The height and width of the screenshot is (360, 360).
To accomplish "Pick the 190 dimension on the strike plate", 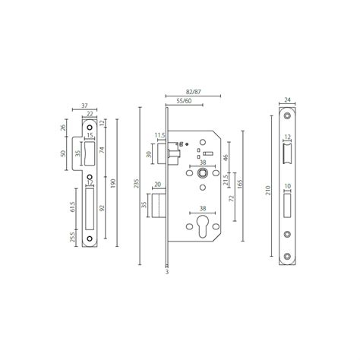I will [112, 182].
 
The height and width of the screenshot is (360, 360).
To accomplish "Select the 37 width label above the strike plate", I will [84, 107].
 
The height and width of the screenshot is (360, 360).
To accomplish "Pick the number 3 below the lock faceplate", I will [166, 270].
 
